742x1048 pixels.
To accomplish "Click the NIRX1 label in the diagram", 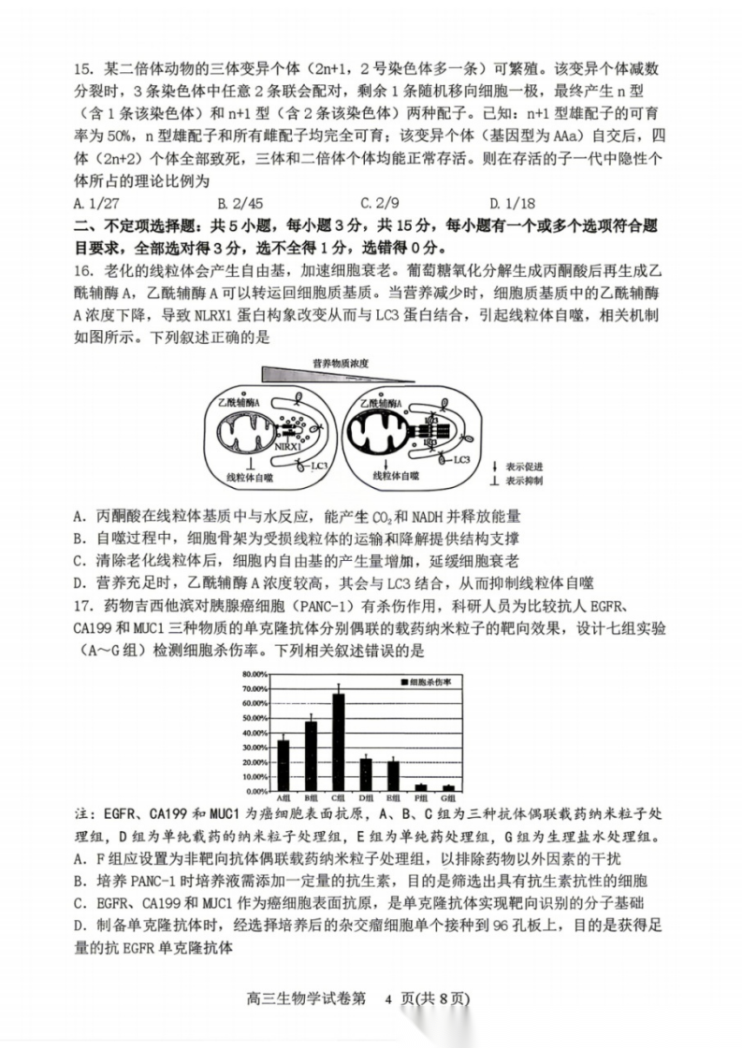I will tap(285, 448).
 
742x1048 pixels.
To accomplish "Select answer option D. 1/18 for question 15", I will tap(509, 202).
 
